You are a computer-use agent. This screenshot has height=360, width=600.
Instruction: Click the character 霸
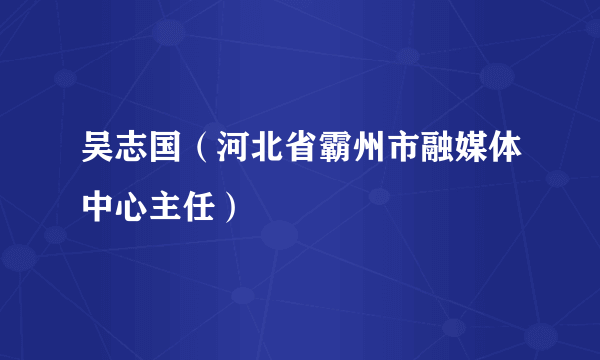point(339,158)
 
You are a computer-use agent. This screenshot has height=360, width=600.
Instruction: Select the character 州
point(372,158)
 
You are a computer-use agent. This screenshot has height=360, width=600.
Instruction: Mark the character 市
point(405,158)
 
